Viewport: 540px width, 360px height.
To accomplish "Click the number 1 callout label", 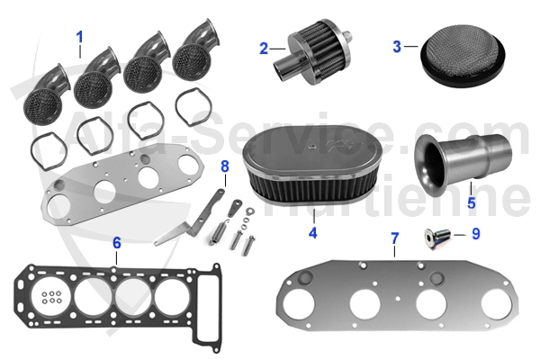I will click(79, 38).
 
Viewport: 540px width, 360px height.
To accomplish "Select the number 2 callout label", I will click(264, 49).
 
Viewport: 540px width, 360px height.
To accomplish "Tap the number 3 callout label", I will click(397, 45).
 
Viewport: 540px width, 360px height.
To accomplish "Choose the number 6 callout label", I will click(116, 242).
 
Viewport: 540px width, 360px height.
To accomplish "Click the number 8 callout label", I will click(225, 166).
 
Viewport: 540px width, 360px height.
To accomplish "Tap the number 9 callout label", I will click(476, 233).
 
